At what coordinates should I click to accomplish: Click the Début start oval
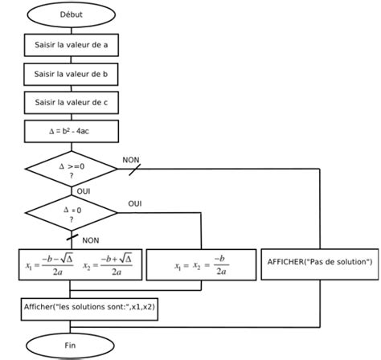(72, 14)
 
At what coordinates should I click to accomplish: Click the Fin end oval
(72, 346)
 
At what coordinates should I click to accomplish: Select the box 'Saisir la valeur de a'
(72, 45)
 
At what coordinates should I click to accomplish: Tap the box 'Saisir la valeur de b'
(72, 74)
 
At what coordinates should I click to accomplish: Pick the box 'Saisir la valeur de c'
(72, 102)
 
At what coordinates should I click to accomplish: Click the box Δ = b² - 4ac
(72, 130)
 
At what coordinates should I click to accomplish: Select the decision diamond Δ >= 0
(72, 170)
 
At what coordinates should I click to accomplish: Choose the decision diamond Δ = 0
(72, 213)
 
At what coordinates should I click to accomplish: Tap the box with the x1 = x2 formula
(199, 264)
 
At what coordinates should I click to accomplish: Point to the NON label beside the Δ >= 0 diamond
(131, 161)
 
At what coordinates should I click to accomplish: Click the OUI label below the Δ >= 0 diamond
(83, 192)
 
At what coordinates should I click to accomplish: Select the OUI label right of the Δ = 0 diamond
(135, 204)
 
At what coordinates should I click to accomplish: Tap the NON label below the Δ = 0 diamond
(91, 239)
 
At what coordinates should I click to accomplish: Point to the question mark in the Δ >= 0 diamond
(72, 176)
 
